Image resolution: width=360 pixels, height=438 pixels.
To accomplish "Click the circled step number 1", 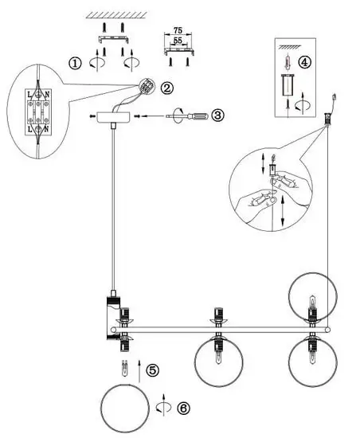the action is point(75,64).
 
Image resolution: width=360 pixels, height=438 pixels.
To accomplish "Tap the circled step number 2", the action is point(166,88).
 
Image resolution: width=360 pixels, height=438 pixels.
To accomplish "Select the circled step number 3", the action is point(217,115).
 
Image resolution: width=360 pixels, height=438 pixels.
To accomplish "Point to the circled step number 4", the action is point(304,62).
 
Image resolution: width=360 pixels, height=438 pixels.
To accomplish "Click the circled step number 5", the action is point(152,370).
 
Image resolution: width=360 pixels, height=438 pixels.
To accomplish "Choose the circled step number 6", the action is point(183,409).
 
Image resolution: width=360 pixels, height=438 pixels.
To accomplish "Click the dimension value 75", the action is point(178,30).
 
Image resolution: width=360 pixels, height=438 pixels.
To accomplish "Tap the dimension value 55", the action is point(178,41).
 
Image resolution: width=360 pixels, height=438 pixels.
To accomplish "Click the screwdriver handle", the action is point(198,115).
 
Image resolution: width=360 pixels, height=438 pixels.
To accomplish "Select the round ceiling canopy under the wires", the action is point(113,117).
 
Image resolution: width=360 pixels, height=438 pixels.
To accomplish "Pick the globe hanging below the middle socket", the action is point(219,362).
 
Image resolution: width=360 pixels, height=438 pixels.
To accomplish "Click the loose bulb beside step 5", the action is point(125,369).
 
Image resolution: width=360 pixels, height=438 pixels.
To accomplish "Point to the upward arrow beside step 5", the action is point(139,371).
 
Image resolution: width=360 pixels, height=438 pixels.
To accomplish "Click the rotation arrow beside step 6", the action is point(163,408).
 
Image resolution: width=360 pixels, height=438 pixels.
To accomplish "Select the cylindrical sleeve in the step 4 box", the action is point(287,85).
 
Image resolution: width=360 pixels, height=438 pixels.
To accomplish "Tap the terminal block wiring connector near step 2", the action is point(147,85).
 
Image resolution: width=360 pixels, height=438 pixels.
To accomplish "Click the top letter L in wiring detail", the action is point(29,95).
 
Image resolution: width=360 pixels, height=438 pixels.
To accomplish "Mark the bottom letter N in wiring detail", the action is point(46,129).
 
